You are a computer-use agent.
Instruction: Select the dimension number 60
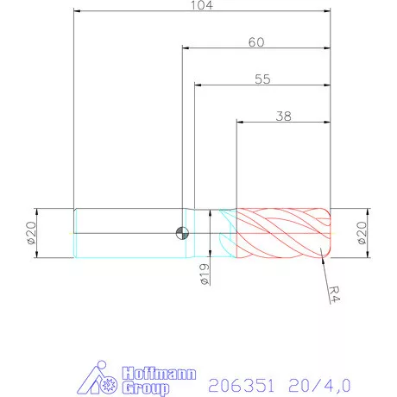tap(256, 41)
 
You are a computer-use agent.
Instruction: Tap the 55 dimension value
tap(263, 79)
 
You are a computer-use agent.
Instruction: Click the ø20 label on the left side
tap(31, 233)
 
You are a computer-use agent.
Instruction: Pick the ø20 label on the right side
tap(362, 233)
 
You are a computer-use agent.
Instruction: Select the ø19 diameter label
tap(204, 274)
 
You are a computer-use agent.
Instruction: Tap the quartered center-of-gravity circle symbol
tap(181, 232)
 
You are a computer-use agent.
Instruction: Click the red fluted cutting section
tap(280, 233)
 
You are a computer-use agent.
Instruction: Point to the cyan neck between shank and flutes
tap(205, 233)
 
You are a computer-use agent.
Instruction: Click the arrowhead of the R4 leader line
tap(321, 252)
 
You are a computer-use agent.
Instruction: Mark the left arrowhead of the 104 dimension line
tap(77, 13)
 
